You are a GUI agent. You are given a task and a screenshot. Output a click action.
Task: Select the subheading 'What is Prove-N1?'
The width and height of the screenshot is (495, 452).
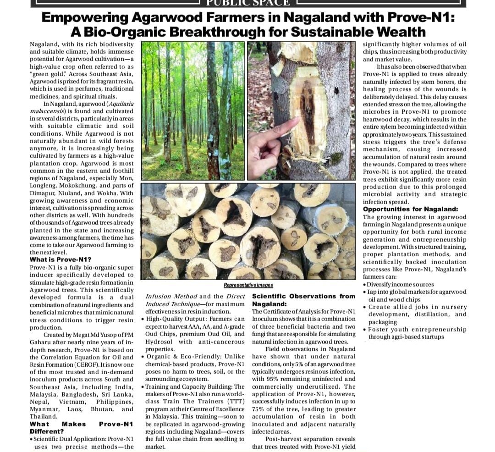click(60, 259)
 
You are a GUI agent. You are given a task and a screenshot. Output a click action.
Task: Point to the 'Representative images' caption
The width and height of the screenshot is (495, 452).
click(248, 285)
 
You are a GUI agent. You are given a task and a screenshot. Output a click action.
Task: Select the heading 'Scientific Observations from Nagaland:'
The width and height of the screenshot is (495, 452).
click(303, 300)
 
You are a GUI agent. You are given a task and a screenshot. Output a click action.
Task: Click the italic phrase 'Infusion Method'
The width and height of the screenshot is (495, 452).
click(171, 296)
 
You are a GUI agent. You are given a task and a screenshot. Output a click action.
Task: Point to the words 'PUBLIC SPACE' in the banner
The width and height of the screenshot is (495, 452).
click(248, 3)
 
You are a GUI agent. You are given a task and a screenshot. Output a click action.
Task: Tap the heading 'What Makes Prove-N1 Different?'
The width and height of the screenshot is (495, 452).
click(82, 428)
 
